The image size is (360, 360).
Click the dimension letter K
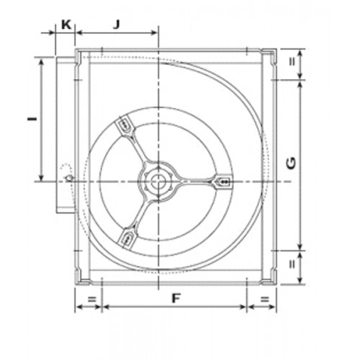[66, 24]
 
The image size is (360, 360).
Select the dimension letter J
[117, 24]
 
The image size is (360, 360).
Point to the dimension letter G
[291, 163]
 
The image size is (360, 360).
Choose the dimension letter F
[176, 299]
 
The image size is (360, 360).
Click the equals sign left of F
[92, 300]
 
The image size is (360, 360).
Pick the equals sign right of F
[265, 300]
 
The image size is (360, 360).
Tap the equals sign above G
[292, 62]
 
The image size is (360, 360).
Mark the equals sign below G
[292, 264]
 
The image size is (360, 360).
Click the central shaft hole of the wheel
[158, 181]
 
